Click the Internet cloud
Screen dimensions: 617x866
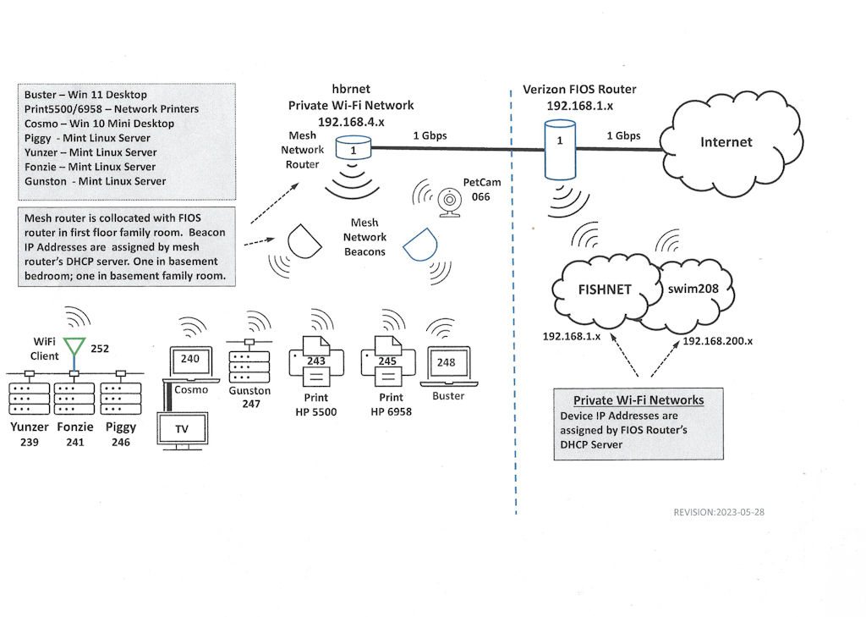(x=726, y=141)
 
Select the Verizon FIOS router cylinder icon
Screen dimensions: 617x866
(x=557, y=149)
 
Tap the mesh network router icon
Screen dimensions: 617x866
(x=353, y=150)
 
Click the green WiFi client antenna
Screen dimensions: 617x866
(x=76, y=348)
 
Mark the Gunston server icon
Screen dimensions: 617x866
(x=249, y=362)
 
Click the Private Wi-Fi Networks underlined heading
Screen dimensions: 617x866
(x=639, y=400)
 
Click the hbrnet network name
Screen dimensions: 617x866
(x=350, y=90)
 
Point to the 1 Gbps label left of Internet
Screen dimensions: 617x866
(x=622, y=135)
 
